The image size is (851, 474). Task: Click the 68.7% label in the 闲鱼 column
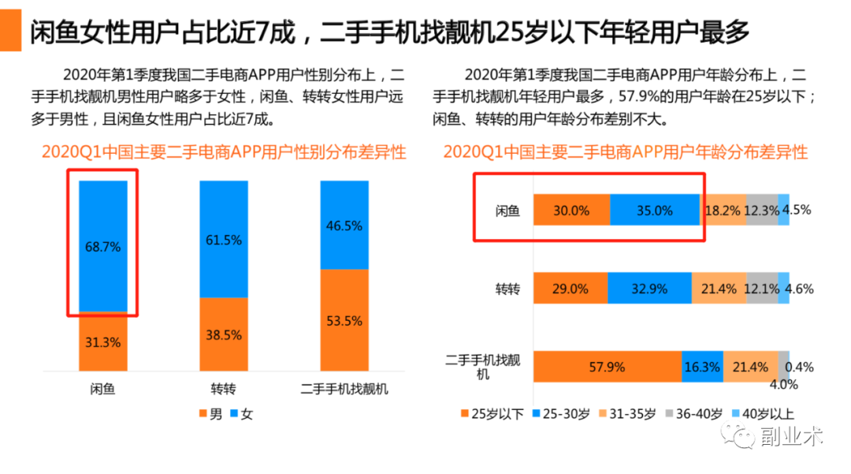tap(102, 246)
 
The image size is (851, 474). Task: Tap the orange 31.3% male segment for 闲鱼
tap(102, 342)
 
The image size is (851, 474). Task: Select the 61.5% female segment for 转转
tap(223, 240)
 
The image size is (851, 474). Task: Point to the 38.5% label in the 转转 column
tap(223, 334)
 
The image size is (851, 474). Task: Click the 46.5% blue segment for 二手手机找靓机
tap(344, 226)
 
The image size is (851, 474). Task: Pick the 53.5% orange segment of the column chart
tap(344, 320)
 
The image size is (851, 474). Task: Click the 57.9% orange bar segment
tap(607, 368)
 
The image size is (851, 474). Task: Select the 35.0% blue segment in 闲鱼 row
tap(654, 211)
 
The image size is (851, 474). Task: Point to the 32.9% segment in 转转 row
tap(649, 289)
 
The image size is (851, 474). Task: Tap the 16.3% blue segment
tap(702, 368)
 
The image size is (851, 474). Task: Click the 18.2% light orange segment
tap(723, 211)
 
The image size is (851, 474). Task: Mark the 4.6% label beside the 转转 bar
tap(799, 289)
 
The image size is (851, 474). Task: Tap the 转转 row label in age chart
tap(507, 289)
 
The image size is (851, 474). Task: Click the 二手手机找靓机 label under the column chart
tap(344, 390)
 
